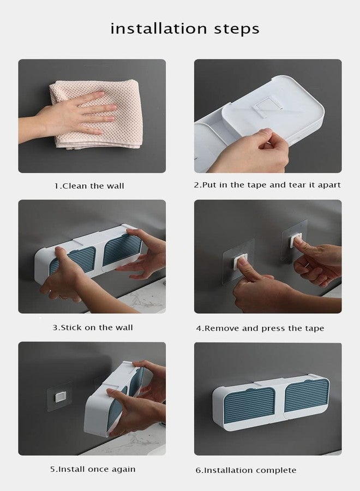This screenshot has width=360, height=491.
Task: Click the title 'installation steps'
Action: coord(185,29)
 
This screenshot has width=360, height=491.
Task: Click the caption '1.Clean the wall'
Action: coord(89,186)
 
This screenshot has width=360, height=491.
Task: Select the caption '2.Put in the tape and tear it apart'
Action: coord(267,185)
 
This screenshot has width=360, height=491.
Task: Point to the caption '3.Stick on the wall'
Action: coord(93,327)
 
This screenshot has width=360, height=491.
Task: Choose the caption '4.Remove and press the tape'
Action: coord(260,328)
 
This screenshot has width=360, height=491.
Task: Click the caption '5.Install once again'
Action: coord(93,469)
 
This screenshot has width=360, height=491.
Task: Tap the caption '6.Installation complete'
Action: coord(246,470)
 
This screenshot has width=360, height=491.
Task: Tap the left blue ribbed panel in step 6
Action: coord(249,404)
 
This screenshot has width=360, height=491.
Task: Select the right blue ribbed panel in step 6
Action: coord(307,396)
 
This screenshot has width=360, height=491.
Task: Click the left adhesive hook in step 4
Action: coord(238,261)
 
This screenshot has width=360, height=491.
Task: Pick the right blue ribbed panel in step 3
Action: coord(122,249)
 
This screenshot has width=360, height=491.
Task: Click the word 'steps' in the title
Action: coord(237,29)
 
